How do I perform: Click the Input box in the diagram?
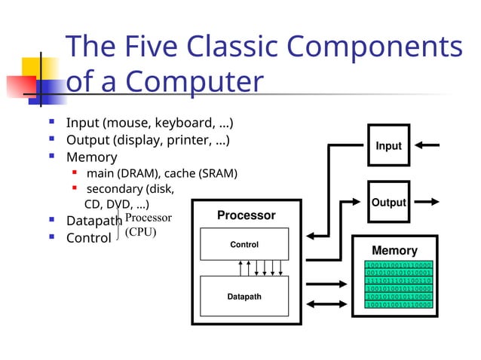(x=389, y=146)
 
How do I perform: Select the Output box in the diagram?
(x=389, y=202)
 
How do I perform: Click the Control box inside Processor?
(x=244, y=245)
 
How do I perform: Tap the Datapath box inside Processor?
(x=244, y=297)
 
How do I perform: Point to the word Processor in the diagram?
(x=246, y=215)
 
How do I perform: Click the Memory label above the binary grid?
(x=394, y=250)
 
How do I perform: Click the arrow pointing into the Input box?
(x=427, y=145)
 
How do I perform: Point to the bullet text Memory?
(x=91, y=157)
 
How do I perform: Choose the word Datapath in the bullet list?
(x=93, y=221)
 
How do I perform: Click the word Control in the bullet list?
(x=88, y=238)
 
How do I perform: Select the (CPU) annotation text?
(x=140, y=232)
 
